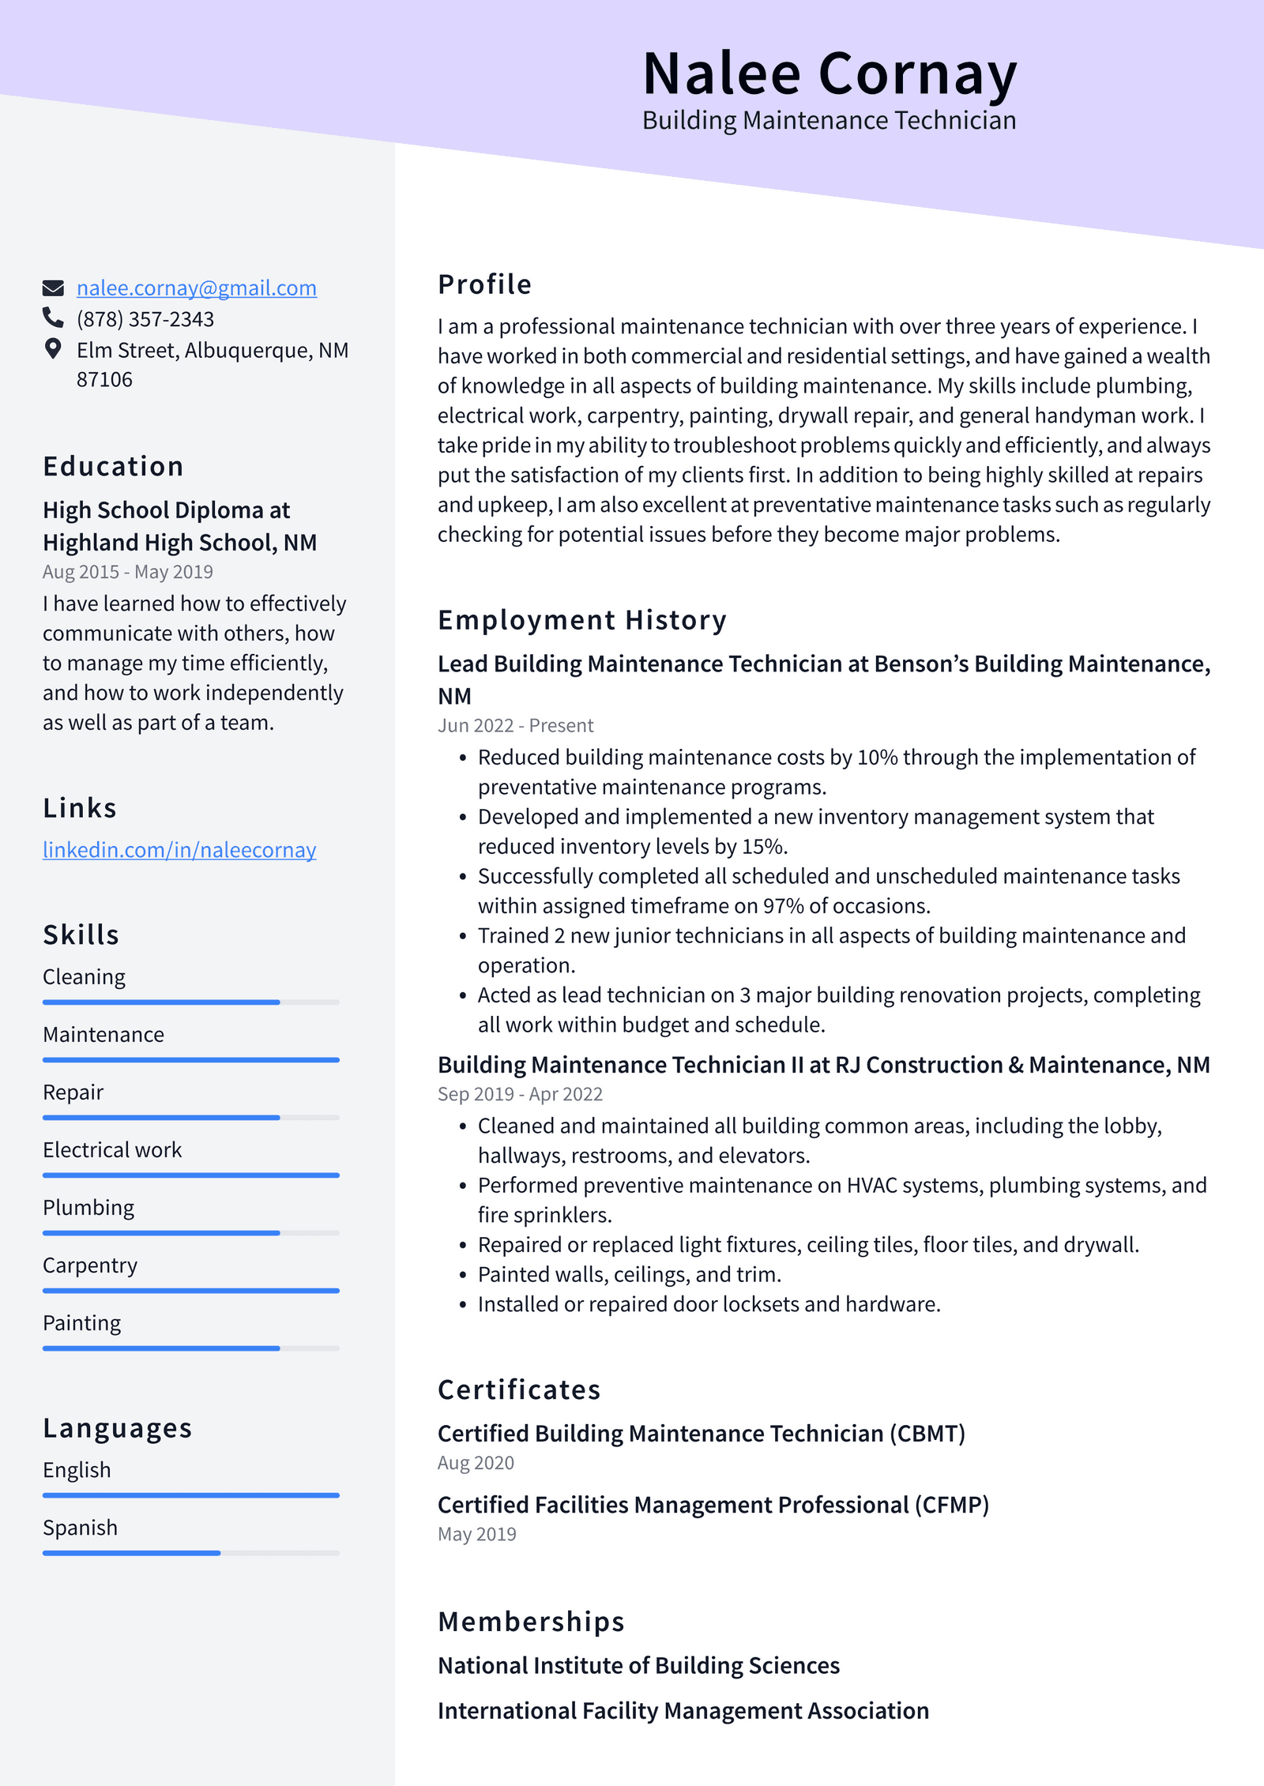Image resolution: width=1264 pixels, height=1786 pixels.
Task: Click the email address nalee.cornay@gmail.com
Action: click(196, 288)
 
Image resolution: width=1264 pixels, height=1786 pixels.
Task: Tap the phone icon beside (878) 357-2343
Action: click(53, 318)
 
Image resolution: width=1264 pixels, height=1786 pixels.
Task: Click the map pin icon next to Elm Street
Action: click(53, 348)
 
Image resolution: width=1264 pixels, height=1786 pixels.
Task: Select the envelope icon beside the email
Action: click(53, 288)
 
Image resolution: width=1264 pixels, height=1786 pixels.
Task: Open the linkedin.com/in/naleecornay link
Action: click(179, 850)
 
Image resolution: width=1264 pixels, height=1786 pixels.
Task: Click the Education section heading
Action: click(113, 467)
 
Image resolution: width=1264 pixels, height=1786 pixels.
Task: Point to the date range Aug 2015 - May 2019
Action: click(128, 572)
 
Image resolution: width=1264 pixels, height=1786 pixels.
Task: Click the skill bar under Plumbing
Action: click(190, 1233)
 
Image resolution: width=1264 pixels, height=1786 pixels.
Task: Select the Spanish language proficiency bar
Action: click(190, 1553)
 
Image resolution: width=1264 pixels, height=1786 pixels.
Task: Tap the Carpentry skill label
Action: click(90, 1265)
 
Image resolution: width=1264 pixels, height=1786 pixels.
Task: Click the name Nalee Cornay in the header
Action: click(829, 74)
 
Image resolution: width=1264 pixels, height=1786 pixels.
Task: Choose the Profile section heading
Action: click(484, 284)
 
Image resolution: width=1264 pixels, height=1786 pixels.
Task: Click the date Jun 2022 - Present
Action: click(515, 726)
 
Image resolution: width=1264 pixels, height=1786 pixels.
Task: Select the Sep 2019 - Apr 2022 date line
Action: click(520, 1095)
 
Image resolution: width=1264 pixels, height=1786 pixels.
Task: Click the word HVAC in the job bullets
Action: click(871, 1186)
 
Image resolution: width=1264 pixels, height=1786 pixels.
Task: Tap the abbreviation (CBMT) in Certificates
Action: click(927, 1434)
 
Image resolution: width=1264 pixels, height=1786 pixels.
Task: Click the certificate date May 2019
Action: click(476, 1534)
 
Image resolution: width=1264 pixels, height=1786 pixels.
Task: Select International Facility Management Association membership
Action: click(683, 1711)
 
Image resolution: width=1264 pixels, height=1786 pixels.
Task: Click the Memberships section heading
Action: click(531, 1622)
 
